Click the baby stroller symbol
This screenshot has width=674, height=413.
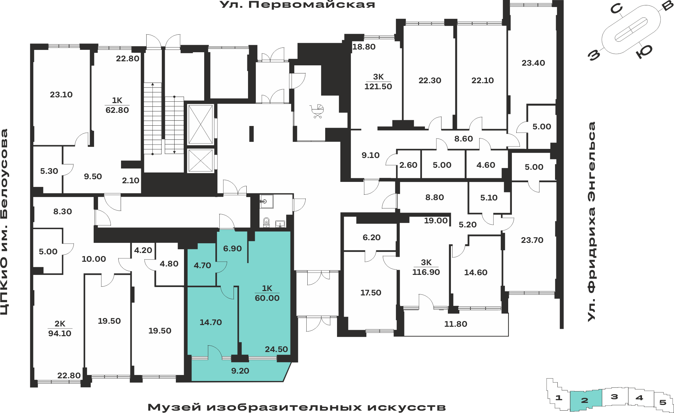(317, 111)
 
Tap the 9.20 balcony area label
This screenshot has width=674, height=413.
(240, 371)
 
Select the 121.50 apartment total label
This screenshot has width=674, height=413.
(378, 87)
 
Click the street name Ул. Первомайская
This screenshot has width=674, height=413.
(297, 5)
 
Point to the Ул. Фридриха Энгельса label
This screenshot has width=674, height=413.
(591, 221)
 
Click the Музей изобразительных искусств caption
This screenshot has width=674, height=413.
(297, 407)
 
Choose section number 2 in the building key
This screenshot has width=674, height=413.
(585, 400)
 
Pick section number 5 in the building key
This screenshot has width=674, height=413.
(663, 402)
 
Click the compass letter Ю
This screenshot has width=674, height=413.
(644, 52)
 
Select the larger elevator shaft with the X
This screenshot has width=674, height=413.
(201, 125)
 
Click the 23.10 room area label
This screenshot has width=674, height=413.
(61, 95)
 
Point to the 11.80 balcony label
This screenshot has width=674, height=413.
(456, 324)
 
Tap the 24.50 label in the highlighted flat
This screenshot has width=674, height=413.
(276, 349)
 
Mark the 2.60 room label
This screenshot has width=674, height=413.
(408, 165)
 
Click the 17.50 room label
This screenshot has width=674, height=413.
(371, 293)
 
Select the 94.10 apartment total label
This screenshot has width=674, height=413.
(60, 333)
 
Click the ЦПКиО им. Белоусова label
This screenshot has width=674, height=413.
(4, 222)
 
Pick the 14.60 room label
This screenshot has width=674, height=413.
(476, 273)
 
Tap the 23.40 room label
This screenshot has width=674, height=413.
(533, 63)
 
